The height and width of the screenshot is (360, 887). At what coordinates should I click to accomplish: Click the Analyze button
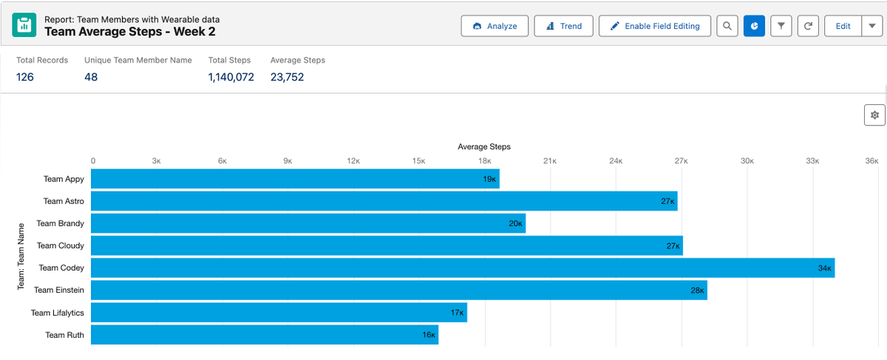495,26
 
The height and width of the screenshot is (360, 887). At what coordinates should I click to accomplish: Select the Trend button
563,26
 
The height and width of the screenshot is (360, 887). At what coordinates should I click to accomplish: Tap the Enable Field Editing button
654,26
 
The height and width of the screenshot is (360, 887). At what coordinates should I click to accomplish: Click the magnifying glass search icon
727,26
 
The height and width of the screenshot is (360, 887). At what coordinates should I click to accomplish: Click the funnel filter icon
781,26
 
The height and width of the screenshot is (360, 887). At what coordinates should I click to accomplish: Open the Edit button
843,26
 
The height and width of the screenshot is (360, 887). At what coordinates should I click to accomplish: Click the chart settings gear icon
874,115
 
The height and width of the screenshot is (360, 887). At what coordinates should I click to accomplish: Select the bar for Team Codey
462,268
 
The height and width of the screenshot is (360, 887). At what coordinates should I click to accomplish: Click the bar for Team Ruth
264,335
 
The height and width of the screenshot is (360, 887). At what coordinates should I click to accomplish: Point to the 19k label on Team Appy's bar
489,179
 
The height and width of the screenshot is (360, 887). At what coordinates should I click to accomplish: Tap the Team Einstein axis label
58,291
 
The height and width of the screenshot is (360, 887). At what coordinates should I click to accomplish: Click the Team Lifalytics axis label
57,313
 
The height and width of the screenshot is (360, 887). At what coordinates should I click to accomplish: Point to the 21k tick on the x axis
550,160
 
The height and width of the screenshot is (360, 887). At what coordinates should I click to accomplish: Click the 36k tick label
871,160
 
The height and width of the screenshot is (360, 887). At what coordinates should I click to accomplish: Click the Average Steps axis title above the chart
484,146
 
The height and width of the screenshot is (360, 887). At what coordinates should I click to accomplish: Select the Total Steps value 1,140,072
231,77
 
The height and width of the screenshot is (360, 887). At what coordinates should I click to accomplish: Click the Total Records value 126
25,77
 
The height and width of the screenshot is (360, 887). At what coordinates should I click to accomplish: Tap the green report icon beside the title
24,26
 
